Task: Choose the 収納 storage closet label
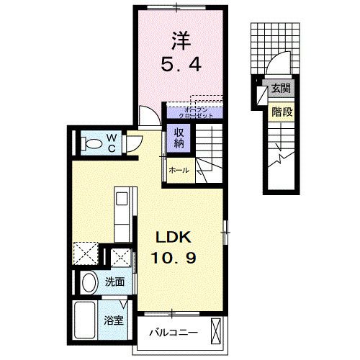[178, 138]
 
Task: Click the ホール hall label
[179, 171]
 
